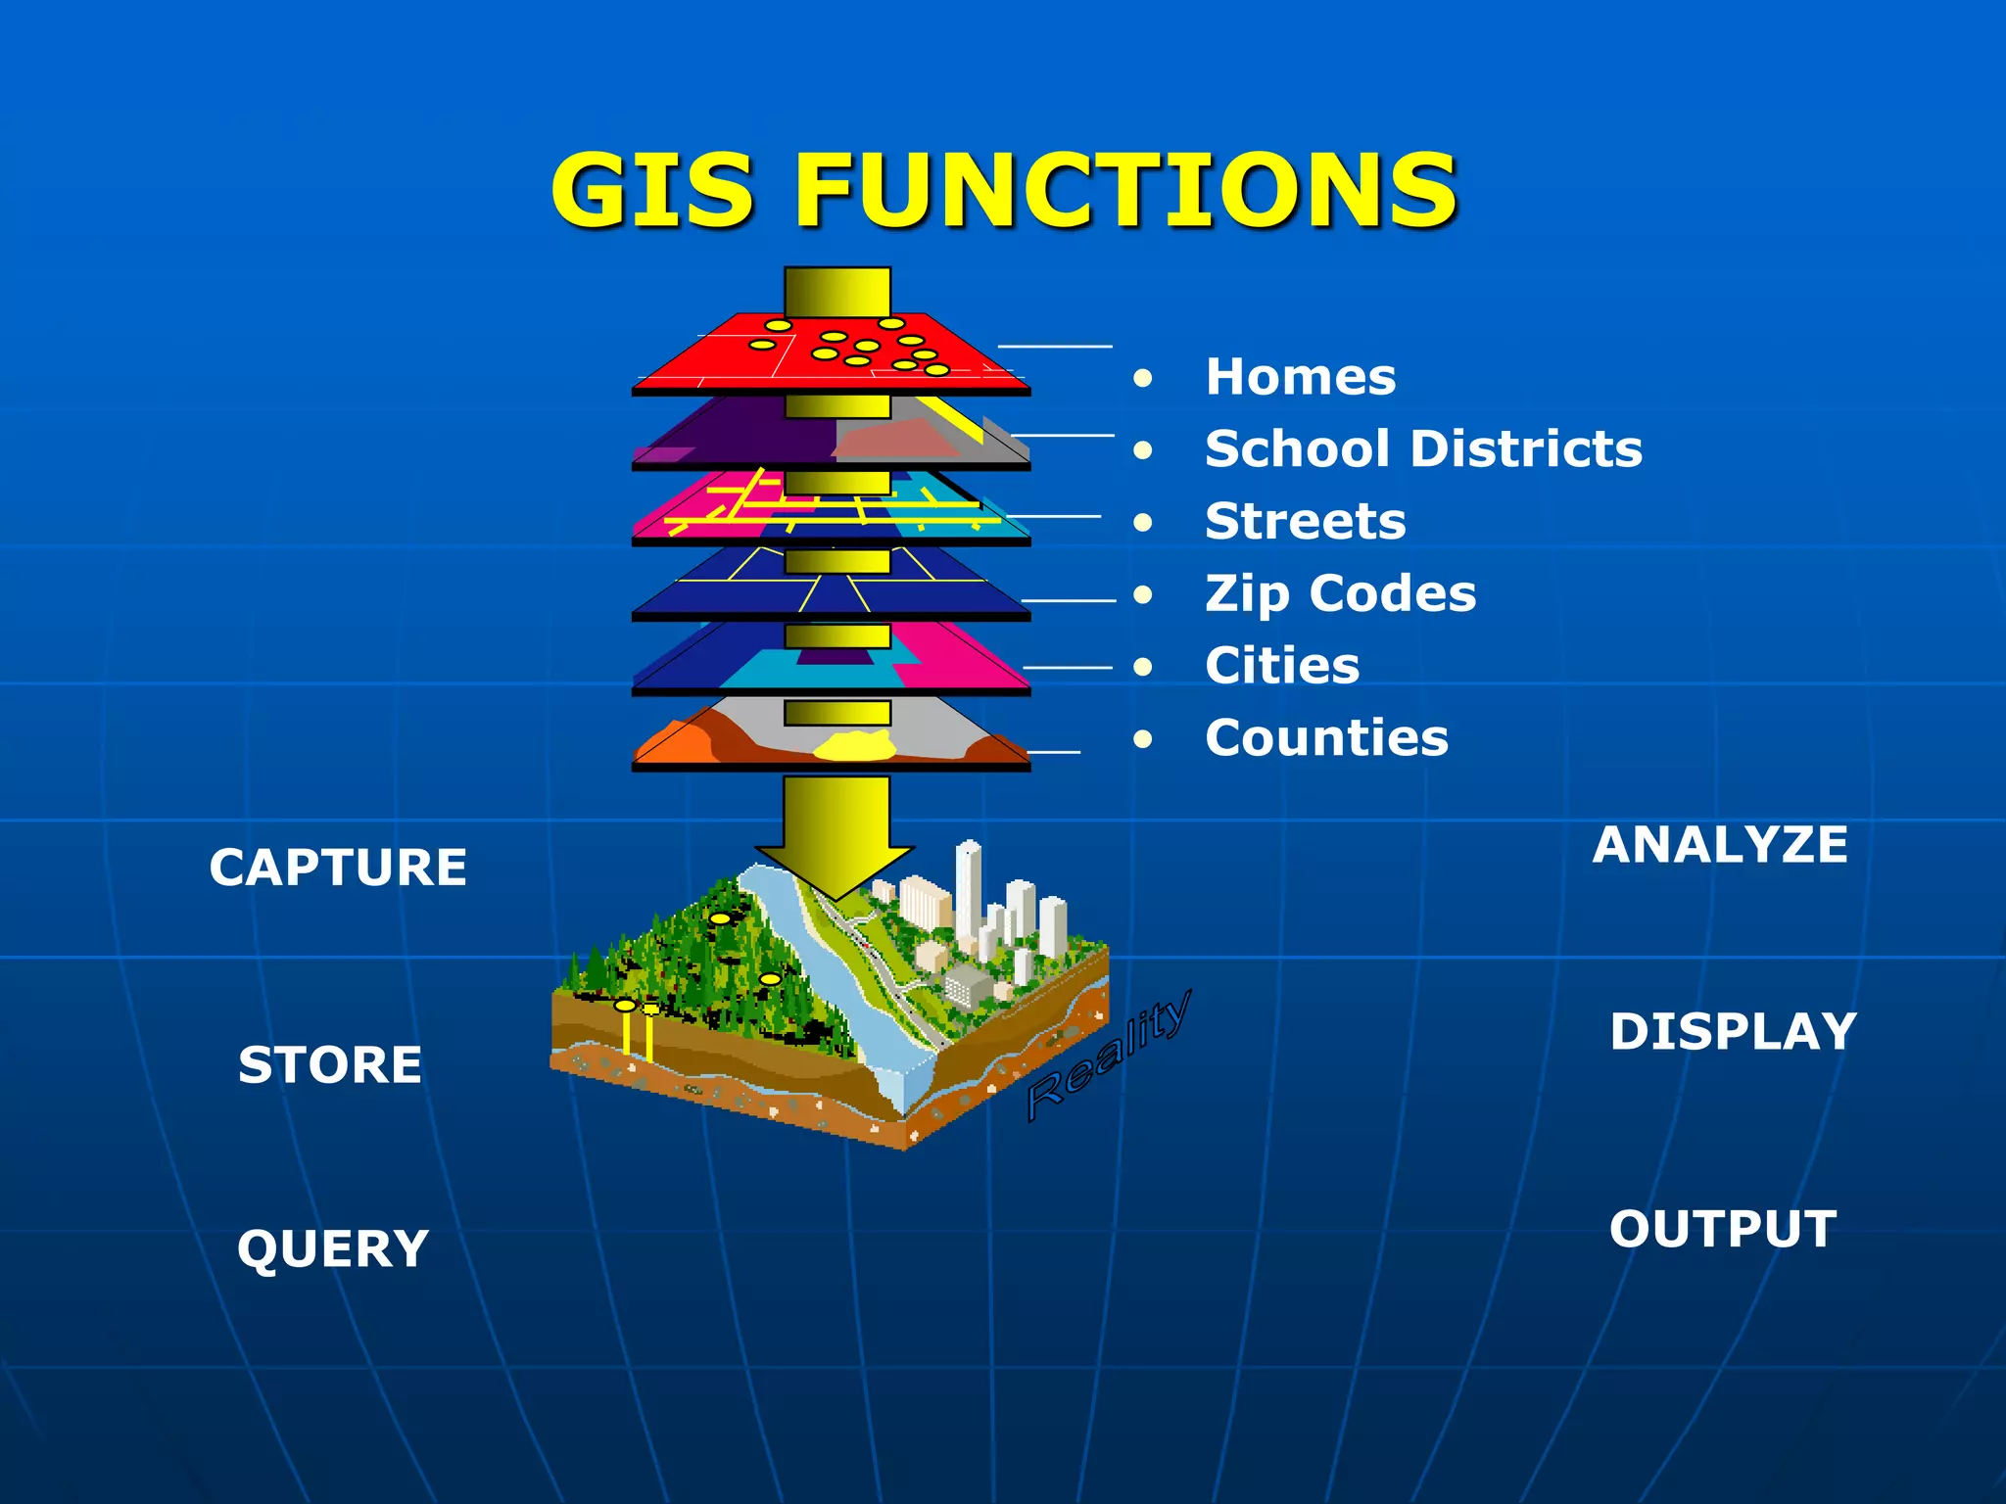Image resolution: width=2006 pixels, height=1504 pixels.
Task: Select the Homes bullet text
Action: coord(1300,377)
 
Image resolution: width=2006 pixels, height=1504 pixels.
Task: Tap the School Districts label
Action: coord(1422,449)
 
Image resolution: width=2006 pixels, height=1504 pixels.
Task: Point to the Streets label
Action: coord(1305,521)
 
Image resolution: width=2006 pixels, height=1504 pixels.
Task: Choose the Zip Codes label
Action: coord(1340,593)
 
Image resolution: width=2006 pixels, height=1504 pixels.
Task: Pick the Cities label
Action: coord(1282,666)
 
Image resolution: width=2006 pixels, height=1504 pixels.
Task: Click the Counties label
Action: coord(1326,737)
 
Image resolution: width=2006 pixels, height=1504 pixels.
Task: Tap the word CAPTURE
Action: coord(338,868)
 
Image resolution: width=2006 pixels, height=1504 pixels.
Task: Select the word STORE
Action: coord(330,1064)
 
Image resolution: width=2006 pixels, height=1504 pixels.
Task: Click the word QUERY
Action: coord(333,1249)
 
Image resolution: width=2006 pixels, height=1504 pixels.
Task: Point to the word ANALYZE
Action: coord(1720,845)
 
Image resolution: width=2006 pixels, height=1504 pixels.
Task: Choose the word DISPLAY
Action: coord(1733,1032)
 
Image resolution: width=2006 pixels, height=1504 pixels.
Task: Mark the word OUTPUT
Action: coord(1723,1229)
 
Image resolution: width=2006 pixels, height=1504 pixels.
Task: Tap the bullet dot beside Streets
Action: coord(1142,522)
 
